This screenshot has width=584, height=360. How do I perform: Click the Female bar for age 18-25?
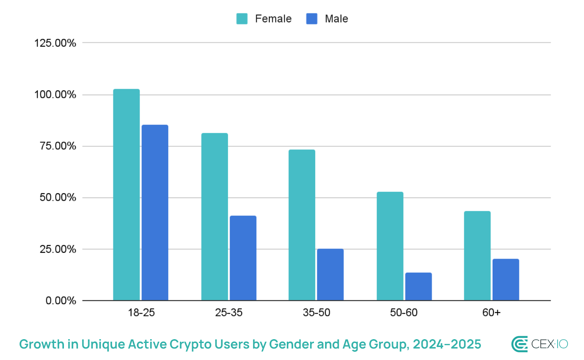pyautogui.click(x=126, y=195)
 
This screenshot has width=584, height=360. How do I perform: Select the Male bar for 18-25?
pyautogui.click(x=155, y=213)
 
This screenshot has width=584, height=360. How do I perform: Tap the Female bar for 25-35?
pyautogui.click(x=215, y=217)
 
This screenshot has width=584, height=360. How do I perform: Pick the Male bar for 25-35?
pyautogui.click(x=243, y=258)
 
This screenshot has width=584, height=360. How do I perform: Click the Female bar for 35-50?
pyautogui.click(x=302, y=225)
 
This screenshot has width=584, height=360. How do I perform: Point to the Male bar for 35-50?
pyautogui.click(x=330, y=275)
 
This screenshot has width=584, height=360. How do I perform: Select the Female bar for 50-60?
pyautogui.click(x=390, y=246)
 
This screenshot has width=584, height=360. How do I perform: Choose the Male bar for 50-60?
pyautogui.click(x=418, y=286)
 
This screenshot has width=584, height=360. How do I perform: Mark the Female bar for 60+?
pyautogui.click(x=477, y=256)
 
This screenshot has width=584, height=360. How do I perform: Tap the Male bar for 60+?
pyautogui.click(x=506, y=279)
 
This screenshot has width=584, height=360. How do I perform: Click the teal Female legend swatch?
pyautogui.click(x=242, y=19)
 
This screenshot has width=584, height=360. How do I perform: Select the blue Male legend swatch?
pyautogui.click(x=312, y=19)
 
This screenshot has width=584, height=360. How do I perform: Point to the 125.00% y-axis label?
pyautogui.click(x=55, y=43)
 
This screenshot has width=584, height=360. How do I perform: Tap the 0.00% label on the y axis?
pyautogui.click(x=61, y=301)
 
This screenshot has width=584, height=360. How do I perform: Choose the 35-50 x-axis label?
pyautogui.click(x=316, y=313)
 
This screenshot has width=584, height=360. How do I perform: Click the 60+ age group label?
pyautogui.click(x=491, y=313)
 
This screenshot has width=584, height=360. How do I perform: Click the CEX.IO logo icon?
pyautogui.click(x=519, y=344)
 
